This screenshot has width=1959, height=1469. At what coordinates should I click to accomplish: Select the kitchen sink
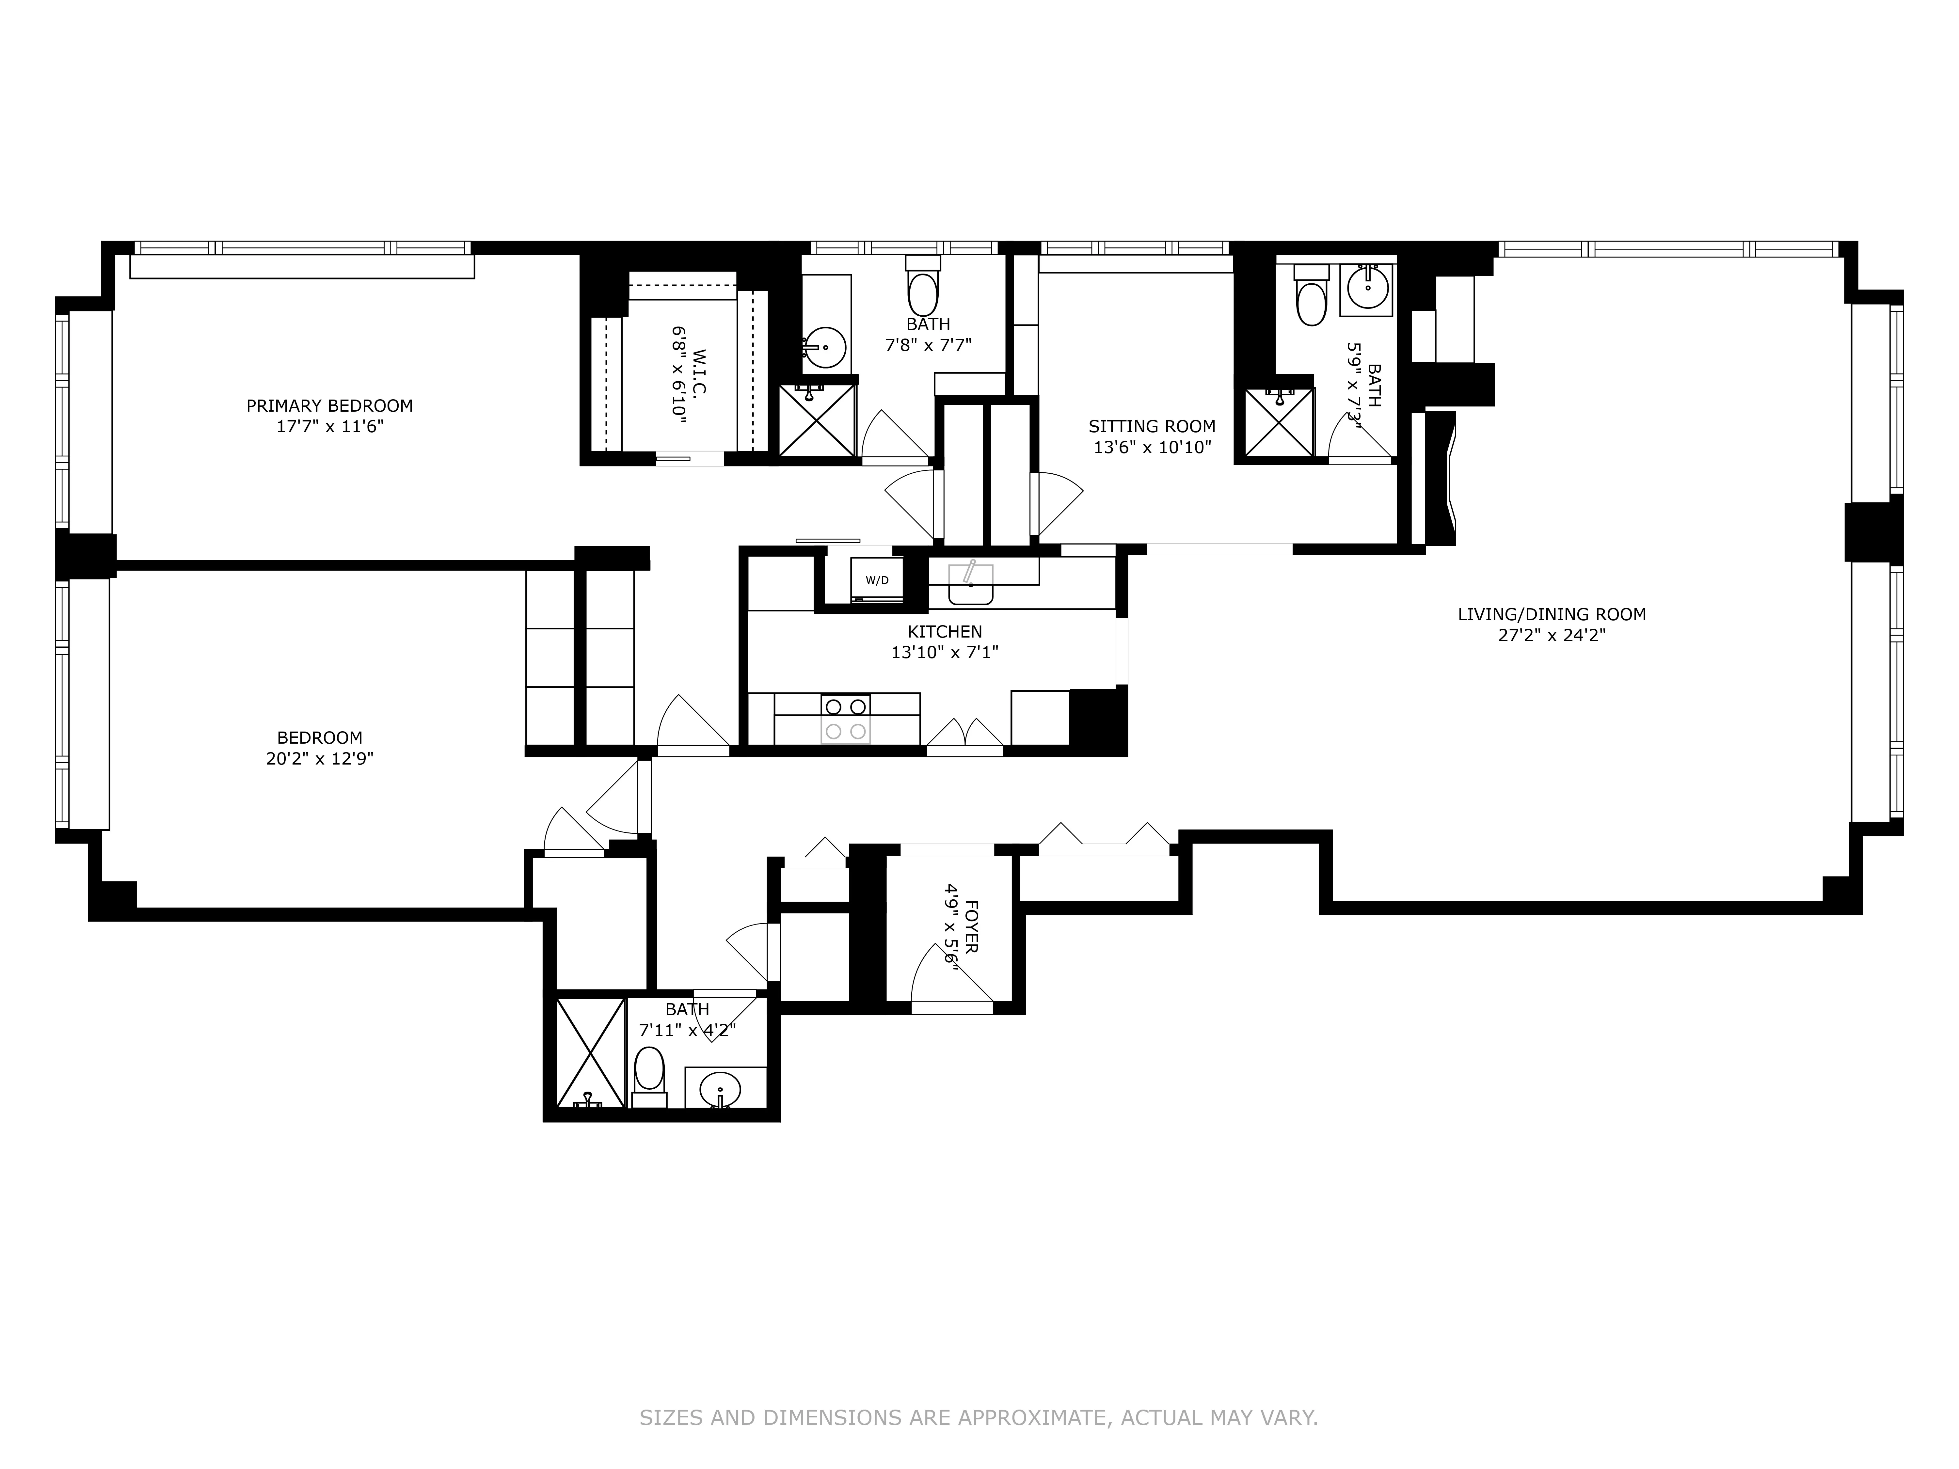point(971,584)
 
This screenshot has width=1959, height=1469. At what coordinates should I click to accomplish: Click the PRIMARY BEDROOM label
point(329,405)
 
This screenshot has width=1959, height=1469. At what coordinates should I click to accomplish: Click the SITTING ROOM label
point(1151,427)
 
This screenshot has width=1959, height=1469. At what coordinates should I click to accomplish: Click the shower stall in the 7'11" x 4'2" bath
point(590,1052)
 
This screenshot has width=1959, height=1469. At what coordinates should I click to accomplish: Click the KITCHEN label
point(944,631)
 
